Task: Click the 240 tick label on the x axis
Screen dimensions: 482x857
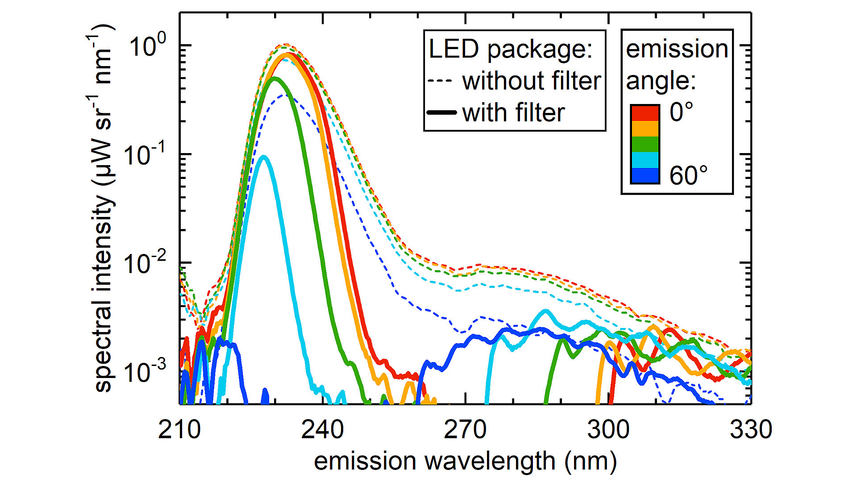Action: (322, 429)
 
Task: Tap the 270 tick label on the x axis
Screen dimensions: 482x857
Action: (465, 429)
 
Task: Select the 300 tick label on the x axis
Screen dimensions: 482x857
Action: (608, 429)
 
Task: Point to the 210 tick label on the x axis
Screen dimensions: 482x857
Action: (179, 429)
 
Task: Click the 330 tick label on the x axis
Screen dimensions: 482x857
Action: (751, 429)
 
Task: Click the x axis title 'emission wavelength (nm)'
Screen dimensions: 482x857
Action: (465, 461)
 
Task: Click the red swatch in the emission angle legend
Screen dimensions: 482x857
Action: (645, 113)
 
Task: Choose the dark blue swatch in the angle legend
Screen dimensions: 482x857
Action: (645, 175)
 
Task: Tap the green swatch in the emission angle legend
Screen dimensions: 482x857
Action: (645, 144)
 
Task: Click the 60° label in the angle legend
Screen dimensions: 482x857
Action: (688, 175)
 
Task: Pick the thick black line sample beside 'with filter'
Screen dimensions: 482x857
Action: (441, 112)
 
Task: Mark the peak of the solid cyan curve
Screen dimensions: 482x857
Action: (264, 157)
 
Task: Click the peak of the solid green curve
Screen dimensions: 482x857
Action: (275, 79)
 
